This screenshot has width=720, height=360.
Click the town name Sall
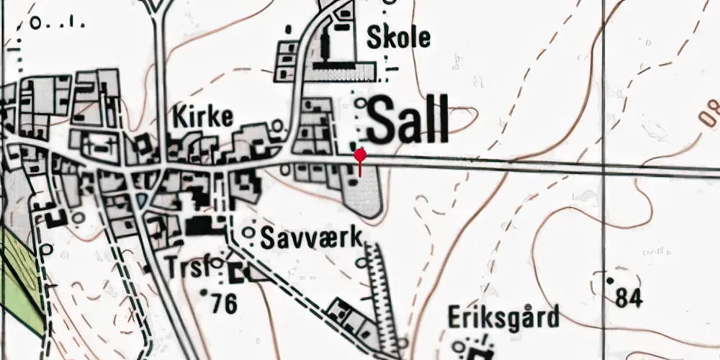pyautogui.click(x=408, y=120)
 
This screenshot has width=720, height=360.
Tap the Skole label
pyautogui.click(x=398, y=37)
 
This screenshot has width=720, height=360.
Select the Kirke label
pyautogui.click(x=202, y=117)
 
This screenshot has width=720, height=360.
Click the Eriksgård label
pyautogui.click(x=503, y=317)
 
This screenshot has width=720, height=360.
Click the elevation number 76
pyautogui.click(x=225, y=305)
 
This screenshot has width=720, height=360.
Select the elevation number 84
pyautogui.click(x=629, y=296)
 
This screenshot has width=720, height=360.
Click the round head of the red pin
pyautogui.click(x=360, y=154)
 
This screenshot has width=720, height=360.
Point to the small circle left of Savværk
pyautogui.click(x=248, y=233)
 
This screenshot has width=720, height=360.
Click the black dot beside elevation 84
pyautogui.click(x=610, y=279)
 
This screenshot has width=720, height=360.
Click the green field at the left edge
pyautogui.click(x=18, y=274)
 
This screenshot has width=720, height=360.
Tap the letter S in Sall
pyautogui.click(x=382, y=120)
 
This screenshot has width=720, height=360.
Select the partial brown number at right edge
pyautogui.click(x=711, y=114)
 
